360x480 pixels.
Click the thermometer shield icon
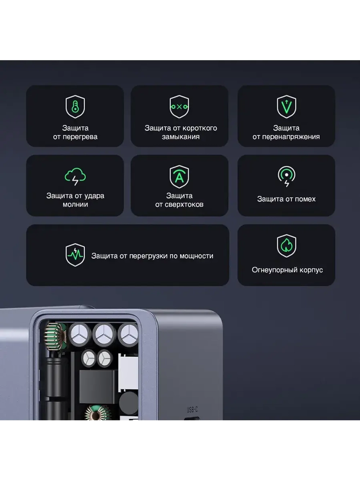tap(75, 107)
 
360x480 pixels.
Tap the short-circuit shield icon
tap(179, 107)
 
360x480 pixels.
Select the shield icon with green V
tap(286, 107)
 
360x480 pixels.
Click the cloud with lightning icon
tap(75, 176)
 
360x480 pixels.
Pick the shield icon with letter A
tap(179, 177)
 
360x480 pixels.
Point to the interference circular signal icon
tap(286, 176)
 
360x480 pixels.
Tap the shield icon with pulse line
tap(75, 255)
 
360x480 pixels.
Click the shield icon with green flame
tap(286, 246)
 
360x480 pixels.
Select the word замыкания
tap(181, 137)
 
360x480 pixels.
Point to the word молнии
tap(75, 205)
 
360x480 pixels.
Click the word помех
tap(305, 199)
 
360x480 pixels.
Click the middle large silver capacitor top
tap(104, 334)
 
